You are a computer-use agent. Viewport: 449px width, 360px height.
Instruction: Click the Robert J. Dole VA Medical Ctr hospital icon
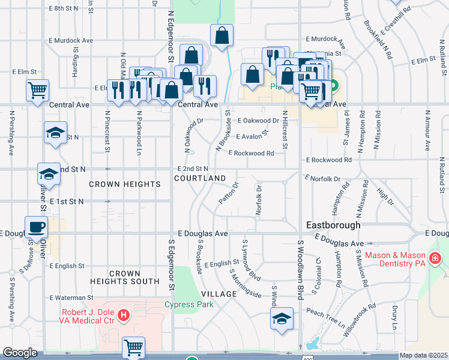[x=124, y=314]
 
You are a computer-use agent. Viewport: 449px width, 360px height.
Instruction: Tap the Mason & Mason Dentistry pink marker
[x=435, y=259]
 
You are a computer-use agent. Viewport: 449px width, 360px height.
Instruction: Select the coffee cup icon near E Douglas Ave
[x=36, y=227]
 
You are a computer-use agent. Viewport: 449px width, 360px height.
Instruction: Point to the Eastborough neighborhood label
[x=333, y=225]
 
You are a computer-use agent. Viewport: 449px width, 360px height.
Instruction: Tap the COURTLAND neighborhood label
[x=200, y=179]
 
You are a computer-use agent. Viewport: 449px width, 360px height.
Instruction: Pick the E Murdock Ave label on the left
[x=71, y=40]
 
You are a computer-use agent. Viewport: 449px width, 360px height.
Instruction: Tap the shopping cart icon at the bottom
[x=133, y=347]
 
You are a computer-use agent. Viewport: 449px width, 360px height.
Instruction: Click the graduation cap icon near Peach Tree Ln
[x=281, y=319]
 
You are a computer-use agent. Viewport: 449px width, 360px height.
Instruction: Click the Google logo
[x=20, y=353]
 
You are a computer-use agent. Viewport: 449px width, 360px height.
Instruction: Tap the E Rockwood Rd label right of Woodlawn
[x=328, y=160]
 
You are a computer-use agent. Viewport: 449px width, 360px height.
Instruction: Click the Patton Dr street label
[x=229, y=193]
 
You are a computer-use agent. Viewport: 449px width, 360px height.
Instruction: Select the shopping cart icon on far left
[x=37, y=90]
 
